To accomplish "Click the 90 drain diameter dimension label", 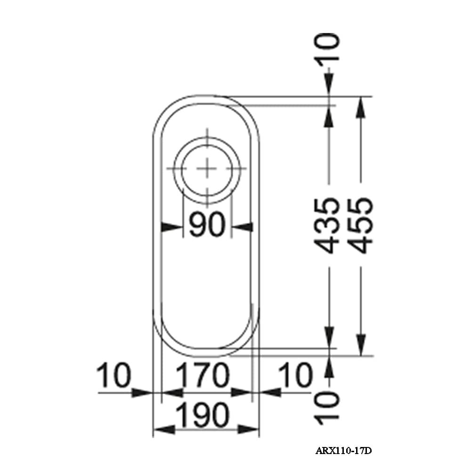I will [207, 227].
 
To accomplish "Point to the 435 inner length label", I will [326, 226].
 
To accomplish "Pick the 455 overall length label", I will [360, 226].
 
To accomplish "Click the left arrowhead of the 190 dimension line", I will [163, 429].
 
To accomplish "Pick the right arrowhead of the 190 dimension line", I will [249, 429].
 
